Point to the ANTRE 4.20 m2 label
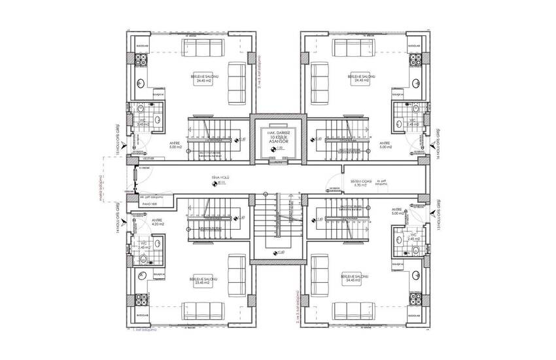[x=157, y=223]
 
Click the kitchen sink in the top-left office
[x=142, y=82]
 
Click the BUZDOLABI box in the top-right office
[x=413, y=46]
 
